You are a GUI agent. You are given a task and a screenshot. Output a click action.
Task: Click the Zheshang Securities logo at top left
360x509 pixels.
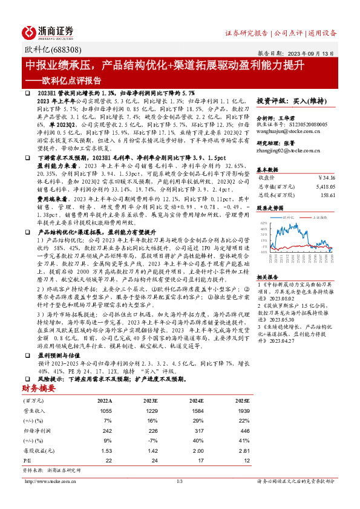pos(48,31)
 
